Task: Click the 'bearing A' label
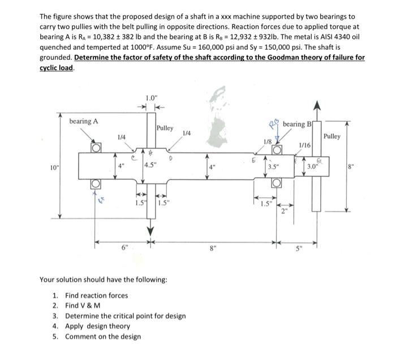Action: point(83,121)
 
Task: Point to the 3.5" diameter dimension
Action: point(274,167)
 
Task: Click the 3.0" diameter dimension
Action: point(312,167)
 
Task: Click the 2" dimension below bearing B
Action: point(285,213)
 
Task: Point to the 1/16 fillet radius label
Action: point(304,146)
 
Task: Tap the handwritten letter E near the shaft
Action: point(254,161)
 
